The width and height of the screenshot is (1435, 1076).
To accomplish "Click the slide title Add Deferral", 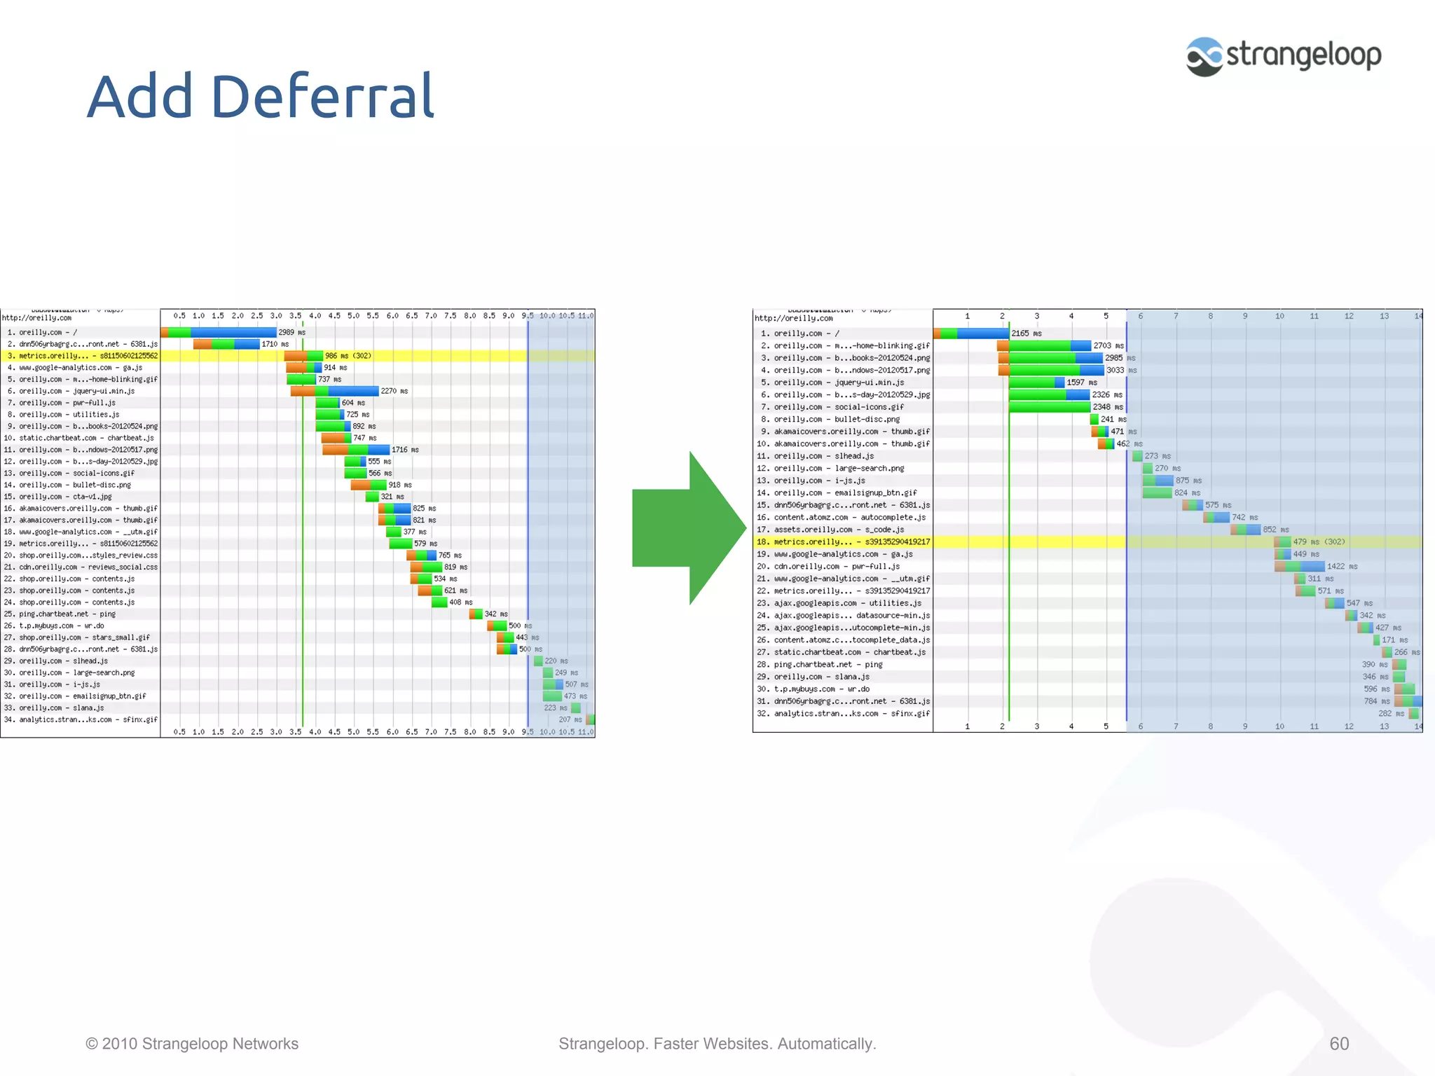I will (x=261, y=97).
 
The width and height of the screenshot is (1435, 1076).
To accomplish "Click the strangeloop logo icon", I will (x=1204, y=57).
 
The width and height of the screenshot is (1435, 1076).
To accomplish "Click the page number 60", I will (x=1338, y=1044).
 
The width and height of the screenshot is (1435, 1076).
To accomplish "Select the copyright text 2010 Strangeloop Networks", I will (x=192, y=1044).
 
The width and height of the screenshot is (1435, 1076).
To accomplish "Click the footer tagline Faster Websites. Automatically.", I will (x=717, y=1044).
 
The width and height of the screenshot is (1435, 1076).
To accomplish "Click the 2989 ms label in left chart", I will (x=291, y=333).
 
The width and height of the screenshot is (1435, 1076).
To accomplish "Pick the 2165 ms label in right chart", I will (x=1026, y=333).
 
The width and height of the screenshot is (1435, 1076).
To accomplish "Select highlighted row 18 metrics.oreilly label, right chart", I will (x=844, y=542).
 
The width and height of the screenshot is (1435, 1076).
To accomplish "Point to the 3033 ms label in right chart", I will (x=1120, y=371).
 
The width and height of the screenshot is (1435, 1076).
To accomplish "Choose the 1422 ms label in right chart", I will (x=1341, y=567).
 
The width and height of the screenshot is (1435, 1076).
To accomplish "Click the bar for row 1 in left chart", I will (x=219, y=333).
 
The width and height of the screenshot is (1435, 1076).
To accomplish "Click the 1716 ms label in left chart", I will (x=404, y=450).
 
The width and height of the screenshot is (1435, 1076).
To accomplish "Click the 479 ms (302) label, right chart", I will (x=1318, y=542).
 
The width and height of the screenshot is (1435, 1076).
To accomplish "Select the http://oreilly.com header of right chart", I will (x=793, y=319).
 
